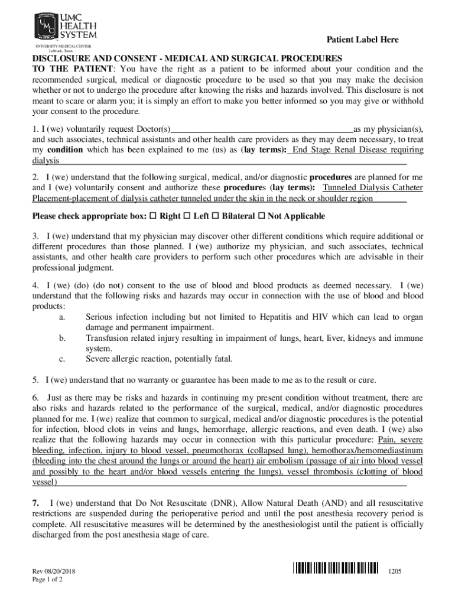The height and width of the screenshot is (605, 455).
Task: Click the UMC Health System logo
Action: [65, 26]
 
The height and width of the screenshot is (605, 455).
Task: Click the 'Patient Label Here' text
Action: [363, 40]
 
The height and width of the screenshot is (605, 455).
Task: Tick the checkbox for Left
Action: [188, 217]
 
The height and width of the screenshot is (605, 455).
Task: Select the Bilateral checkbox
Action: [216, 217]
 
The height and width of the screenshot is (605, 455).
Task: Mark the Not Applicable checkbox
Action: [262, 217]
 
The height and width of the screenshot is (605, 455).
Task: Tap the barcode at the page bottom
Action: [335, 568]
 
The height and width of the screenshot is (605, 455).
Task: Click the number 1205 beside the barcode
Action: [395, 572]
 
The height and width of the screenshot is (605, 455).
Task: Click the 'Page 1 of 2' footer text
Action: [47, 580]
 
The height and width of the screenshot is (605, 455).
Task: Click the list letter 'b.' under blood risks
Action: [62, 338]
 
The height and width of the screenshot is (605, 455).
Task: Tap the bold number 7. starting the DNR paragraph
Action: [36, 503]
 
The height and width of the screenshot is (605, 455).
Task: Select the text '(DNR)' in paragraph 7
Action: [222, 503]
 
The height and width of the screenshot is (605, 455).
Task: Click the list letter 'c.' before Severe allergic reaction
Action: [62, 359]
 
